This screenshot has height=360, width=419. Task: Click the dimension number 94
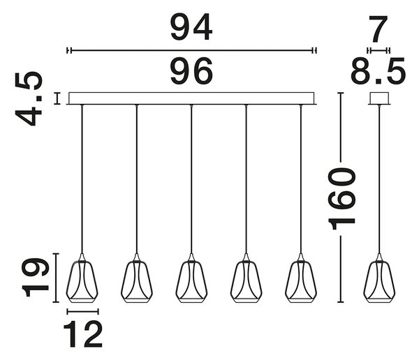pos(191,27)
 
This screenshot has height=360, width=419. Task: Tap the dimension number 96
pos(191,70)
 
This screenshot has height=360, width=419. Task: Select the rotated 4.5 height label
pos(29,98)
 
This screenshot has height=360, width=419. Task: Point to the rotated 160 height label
pos(341,199)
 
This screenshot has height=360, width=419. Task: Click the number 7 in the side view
pos(378,29)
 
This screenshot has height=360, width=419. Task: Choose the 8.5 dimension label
pos(378,71)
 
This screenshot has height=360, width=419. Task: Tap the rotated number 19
pos(36,278)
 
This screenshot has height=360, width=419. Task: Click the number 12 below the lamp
pos(83,333)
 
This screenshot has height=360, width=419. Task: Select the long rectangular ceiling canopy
pos(191,98)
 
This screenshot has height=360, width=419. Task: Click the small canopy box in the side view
pos(379,98)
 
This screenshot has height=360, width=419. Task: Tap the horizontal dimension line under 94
pos(191,50)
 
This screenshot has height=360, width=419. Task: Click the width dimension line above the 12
pos(83,311)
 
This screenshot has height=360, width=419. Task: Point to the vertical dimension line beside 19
pos(56,278)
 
